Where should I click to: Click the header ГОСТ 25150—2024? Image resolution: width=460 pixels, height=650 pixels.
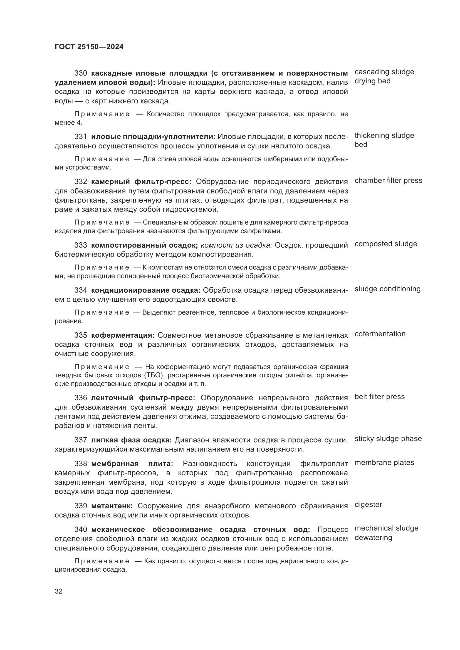[x=89, y=47]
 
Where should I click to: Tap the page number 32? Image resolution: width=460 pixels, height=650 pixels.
[x=59, y=591]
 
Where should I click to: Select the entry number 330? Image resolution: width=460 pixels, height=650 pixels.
[x=81, y=73]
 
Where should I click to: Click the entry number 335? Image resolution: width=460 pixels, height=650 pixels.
[x=81, y=335]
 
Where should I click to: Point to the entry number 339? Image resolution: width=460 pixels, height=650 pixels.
[x=81, y=505]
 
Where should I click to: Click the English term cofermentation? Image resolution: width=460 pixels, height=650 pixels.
[x=380, y=334]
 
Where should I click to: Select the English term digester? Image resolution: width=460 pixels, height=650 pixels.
[x=368, y=504]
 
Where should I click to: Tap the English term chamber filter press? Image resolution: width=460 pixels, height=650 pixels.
[x=388, y=180]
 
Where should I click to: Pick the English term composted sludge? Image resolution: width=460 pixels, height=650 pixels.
[x=386, y=244]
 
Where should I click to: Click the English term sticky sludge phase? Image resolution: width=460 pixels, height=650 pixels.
[x=388, y=439]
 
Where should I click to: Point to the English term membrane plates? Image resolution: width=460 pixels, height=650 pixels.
[x=384, y=462]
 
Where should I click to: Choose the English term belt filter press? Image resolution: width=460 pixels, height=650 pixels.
[x=380, y=397]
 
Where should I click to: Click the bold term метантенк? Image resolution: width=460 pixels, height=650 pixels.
[x=112, y=505]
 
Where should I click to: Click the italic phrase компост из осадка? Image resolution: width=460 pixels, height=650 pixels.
[x=236, y=245]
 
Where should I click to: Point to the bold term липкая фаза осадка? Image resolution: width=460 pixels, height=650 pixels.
[x=132, y=440]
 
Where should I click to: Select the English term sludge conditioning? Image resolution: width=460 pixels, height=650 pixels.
[x=387, y=289]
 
